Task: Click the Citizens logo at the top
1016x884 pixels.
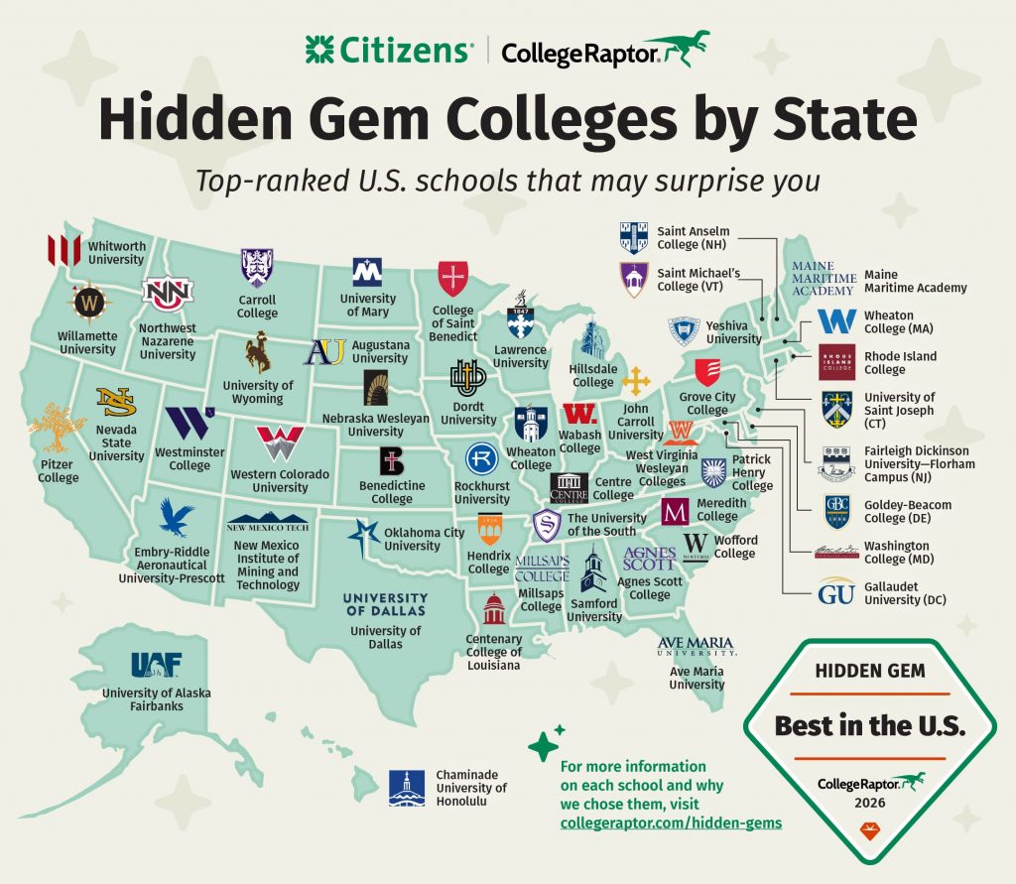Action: click(x=388, y=50)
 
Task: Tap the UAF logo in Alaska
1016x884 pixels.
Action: click(x=155, y=664)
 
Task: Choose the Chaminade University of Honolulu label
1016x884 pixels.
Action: click(x=471, y=788)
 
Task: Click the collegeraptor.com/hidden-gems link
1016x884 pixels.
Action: click(x=670, y=822)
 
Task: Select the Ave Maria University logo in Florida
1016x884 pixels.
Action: click(x=697, y=648)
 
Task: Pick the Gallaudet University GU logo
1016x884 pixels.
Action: click(x=836, y=592)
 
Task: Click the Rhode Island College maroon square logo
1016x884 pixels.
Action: click(x=836, y=362)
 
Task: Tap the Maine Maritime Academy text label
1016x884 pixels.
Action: click(x=915, y=281)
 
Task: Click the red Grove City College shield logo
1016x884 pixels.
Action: click(x=707, y=374)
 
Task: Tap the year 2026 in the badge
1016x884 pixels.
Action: click(x=868, y=802)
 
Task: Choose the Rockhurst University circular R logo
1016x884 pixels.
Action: click(x=482, y=459)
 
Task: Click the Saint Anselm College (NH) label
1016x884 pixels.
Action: click(x=693, y=237)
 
